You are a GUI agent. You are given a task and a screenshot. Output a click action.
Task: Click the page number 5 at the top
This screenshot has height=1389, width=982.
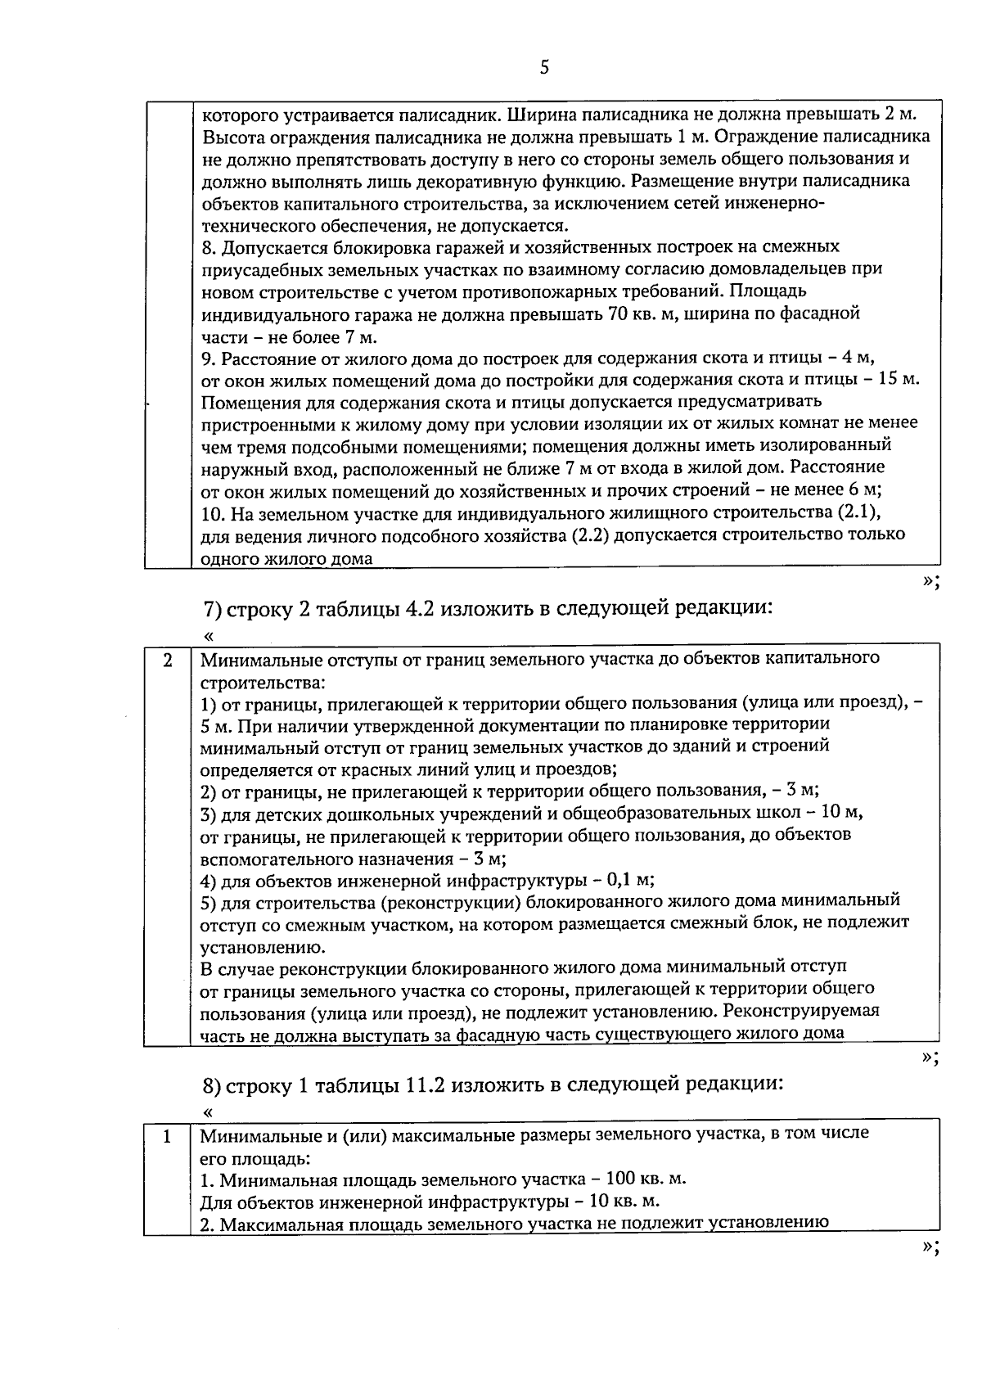click(544, 68)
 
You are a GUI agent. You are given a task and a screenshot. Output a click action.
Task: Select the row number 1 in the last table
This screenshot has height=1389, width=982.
click(167, 1137)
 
